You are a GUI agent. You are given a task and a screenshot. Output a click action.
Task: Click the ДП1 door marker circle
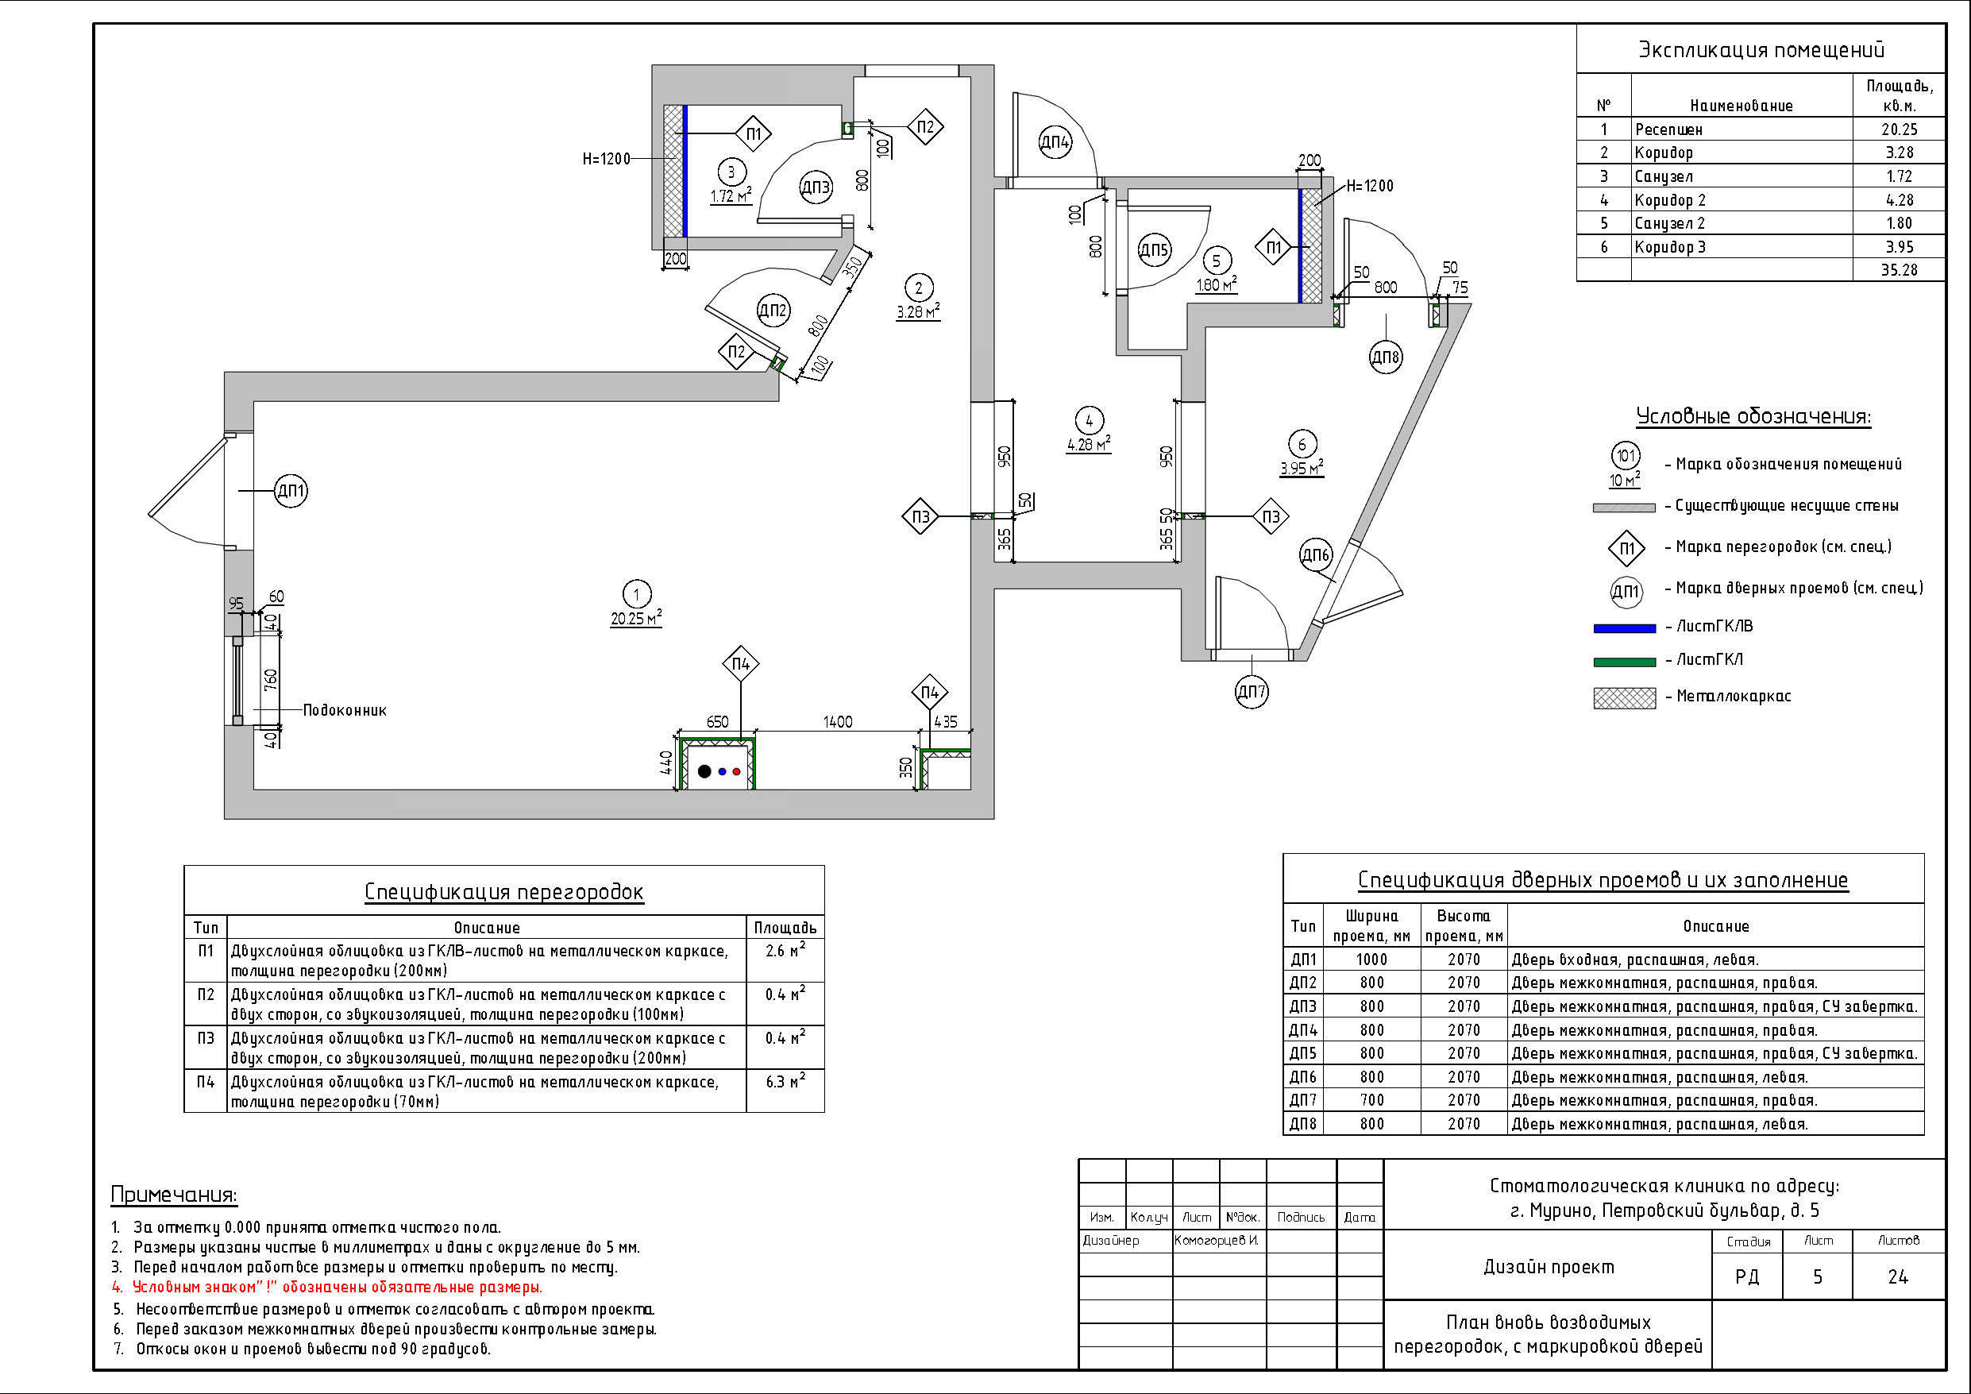(291, 492)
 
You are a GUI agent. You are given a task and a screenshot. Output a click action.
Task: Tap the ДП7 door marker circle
(1252, 691)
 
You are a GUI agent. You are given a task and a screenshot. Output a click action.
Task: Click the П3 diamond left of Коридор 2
(920, 517)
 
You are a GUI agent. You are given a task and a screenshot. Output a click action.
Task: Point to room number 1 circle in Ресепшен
(636, 593)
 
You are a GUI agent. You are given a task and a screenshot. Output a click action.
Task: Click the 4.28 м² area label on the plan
(1089, 445)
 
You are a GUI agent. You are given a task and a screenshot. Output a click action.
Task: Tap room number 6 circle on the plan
(1302, 444)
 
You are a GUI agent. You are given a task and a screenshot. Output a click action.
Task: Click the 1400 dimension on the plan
(838, 722)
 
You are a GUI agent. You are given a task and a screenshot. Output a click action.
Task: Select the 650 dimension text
(717, 722)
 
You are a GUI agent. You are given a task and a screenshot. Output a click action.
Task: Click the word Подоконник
(344, 710)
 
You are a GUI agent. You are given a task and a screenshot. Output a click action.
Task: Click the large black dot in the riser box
(705, 771)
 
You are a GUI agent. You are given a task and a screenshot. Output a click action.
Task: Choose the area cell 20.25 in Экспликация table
(1899, 129)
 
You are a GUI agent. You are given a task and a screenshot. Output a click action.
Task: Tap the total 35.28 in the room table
(1899, 271)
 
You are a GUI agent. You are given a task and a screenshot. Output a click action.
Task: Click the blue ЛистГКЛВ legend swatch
(1624, 627)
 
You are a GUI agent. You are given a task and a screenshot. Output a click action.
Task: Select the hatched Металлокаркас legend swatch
(1624, 697)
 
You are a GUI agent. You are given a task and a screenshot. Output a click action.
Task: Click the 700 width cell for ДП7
(1371, 1100)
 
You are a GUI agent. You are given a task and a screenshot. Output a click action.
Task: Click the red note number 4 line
(337, 1288)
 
